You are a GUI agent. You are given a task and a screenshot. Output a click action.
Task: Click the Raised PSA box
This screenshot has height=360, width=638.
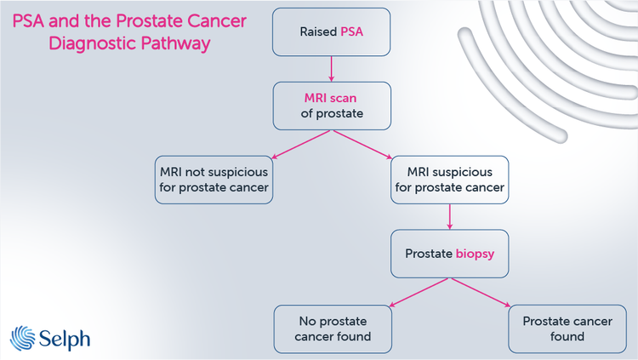click(x=332, y=32)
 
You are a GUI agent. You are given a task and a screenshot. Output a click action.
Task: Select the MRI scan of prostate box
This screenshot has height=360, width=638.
click(x=332, y=106)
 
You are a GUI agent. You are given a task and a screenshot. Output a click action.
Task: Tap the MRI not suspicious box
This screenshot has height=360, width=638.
click(x=214, y=180)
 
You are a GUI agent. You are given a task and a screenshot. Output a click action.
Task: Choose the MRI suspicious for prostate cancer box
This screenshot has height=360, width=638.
click(x=449, y=180)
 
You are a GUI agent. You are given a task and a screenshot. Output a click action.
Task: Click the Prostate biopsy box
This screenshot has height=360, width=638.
click(x=449, y=253)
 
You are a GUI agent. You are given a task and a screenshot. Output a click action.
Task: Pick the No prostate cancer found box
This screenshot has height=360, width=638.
click(x=333, y=329)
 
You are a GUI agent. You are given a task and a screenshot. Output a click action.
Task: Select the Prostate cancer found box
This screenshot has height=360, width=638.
click(x=566, y=329)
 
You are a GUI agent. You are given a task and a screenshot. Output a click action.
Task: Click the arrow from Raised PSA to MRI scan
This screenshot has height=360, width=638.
click(x=332, y=69)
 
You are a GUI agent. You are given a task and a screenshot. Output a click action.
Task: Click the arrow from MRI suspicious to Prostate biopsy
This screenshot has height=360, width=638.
click(x=449, y=216)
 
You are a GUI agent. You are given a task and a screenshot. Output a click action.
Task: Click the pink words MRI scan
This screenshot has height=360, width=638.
click(x=332, y=98)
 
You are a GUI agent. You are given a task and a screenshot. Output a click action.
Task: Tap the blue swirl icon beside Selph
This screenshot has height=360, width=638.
click(x=23, y=337)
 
